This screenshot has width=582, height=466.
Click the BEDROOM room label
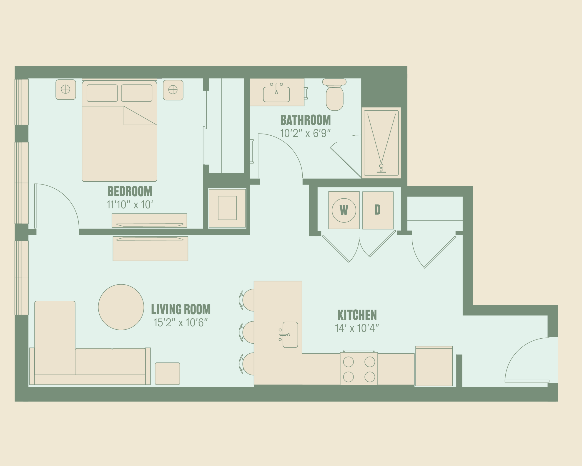(x=130, y=191)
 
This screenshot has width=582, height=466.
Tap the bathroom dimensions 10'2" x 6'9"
(x=305, y=133)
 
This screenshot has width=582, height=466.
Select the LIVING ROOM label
(x=181, y=309)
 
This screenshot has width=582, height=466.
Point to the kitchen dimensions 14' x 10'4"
(x=357, y=328)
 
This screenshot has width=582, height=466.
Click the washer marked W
(x=344, y=210)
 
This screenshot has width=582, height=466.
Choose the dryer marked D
(x=378, y=210)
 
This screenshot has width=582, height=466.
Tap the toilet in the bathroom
(x=334, y=95)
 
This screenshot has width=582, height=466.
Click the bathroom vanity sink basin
(x=276, y=94)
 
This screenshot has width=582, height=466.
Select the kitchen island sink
(x=290, y=335)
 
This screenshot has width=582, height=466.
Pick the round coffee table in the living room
(x=121, y=307)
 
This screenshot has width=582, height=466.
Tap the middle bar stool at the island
(x=247, y=332)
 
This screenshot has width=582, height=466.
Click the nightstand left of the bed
(x=66, y=90)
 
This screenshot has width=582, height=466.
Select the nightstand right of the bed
(x=173, y=90)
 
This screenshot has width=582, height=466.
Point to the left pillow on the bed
(x=102, y=93)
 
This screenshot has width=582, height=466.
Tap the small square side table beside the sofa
(x=167, y=374)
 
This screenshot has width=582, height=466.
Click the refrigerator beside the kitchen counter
(x=434, y=366)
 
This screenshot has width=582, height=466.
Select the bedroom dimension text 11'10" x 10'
(x=130, y=205)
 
